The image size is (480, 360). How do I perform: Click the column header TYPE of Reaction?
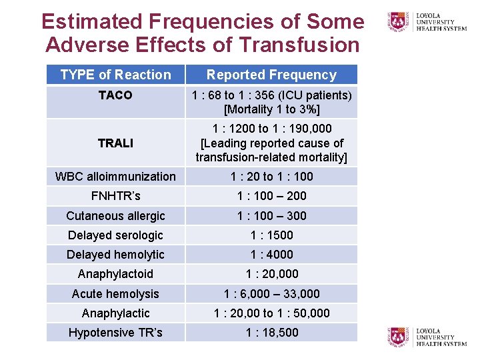tap(115, 75)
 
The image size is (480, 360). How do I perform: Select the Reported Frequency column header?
tap(271, 75)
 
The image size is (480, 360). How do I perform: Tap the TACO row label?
tap(115, 95)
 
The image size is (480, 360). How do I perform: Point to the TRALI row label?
tap(115, 143)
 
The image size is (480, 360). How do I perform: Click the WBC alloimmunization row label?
tap(115, 177)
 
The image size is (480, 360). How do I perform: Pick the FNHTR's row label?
tap(115, 196)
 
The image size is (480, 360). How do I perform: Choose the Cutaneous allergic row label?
tap(115, 215)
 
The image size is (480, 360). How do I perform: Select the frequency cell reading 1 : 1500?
tap(271, 235)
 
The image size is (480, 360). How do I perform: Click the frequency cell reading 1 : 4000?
tap(271, 254)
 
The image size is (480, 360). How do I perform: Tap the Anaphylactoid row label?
tap(115, 274)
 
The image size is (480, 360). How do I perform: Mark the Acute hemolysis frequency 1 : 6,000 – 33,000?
tap(271, 293)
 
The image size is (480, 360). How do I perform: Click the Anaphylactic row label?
tap(115, 313)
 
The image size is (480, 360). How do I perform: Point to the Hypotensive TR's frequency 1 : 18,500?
tap(271, 332)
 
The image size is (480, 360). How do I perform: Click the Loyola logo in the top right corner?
tap(427, 21)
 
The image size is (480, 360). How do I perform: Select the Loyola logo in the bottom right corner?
tap(427, 337)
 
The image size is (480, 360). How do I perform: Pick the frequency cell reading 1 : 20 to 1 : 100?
tap(271, 177)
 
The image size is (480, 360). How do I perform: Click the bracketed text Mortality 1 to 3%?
tap(271, 109)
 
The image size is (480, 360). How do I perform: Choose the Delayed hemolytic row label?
tap(115, 254)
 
